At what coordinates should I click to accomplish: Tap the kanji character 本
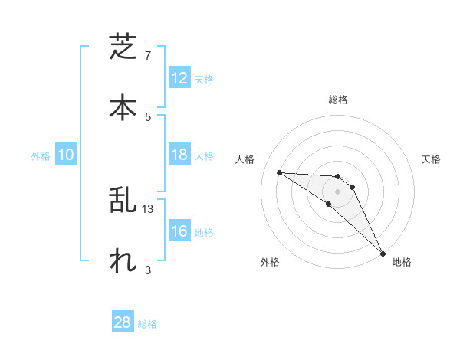(x=123, y=106)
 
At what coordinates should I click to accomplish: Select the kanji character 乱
(x=123, y=200)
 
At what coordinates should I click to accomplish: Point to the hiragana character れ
(x=123, y=260)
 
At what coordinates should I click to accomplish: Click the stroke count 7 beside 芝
(x=148, y=56)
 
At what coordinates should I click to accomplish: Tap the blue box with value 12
(x=179, y=78)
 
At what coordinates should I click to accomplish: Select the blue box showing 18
(x=179, y=155)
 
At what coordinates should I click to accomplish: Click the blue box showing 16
(x=179, y=231)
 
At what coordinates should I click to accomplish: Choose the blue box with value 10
(x=66, y=155)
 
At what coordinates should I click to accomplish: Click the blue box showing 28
(x=123, y=322)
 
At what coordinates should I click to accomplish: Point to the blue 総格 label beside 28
(x=147, y=324)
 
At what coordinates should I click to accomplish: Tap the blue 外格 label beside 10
(x=41, y=156)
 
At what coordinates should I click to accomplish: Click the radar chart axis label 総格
(x=338, y=100)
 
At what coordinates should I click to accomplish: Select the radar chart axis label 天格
(x=432, y=159)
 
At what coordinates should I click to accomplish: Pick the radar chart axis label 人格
(x=245, y=159)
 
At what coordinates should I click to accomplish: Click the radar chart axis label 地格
(x=402, y=262)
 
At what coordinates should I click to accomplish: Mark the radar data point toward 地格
(x=383, y=253)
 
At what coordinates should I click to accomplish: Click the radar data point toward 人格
(x=279, y=172)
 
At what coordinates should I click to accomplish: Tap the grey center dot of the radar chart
(x=338, y=191)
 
